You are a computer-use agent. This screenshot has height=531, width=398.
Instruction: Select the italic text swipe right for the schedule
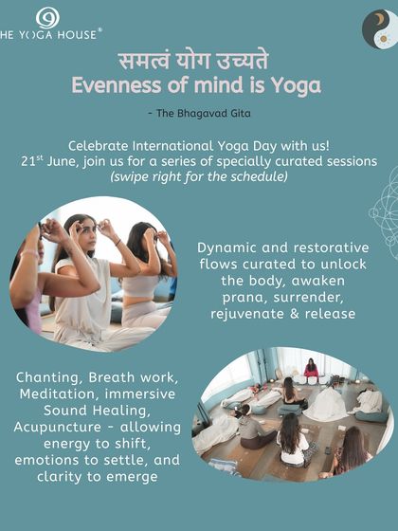point(198,177)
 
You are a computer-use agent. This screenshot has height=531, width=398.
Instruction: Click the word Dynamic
point(228,247)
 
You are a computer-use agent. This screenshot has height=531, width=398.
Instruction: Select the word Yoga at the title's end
point(296,86)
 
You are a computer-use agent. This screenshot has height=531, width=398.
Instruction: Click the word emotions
point(45,463)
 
